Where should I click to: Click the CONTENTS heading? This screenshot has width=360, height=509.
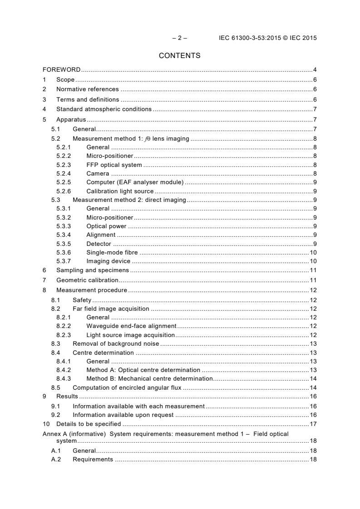(x=179, y=56)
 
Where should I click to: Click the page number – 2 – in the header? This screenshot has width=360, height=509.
(x=179, y=38)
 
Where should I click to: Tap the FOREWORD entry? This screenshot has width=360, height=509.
(x=61, y=69)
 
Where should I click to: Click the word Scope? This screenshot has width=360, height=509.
(x=65, y=79)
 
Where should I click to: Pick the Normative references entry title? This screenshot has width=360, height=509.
(x=87, y=89)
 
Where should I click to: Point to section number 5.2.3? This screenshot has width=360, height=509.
(x=64, y=165)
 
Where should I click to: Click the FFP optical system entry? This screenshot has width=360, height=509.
(x=114, y=165)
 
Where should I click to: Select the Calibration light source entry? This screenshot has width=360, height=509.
(x=120, y=191)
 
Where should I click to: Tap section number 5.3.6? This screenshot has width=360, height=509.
(x=64, y=252)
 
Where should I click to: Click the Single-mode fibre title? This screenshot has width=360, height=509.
(x=112, y=252)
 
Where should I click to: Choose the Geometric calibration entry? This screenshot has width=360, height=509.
(x=87, y=280)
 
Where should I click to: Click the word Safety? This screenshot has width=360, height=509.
(x=82, y=300)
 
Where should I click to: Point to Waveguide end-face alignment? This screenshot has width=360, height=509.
(x=131, y=326)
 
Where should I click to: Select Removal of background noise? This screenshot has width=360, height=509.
(x=116, y=343)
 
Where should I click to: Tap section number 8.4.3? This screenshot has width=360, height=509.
(x=64, y=378)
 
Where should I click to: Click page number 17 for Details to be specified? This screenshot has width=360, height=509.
(x=313, y=424)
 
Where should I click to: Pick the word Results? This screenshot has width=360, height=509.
(x=67, y=396)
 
